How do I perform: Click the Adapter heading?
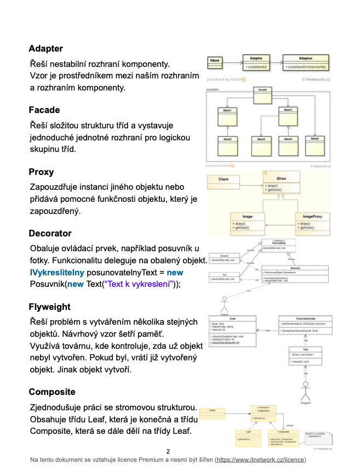coord(45,49)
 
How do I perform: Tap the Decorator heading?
coord(50,234)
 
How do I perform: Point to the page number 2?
coord(168,451)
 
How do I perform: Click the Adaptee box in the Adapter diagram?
coord(306,62)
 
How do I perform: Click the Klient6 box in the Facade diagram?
coord(315,145)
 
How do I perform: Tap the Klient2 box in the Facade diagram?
coord(227,145)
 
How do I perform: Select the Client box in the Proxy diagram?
coord(223,179)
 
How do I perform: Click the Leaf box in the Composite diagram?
coord(248,436)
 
